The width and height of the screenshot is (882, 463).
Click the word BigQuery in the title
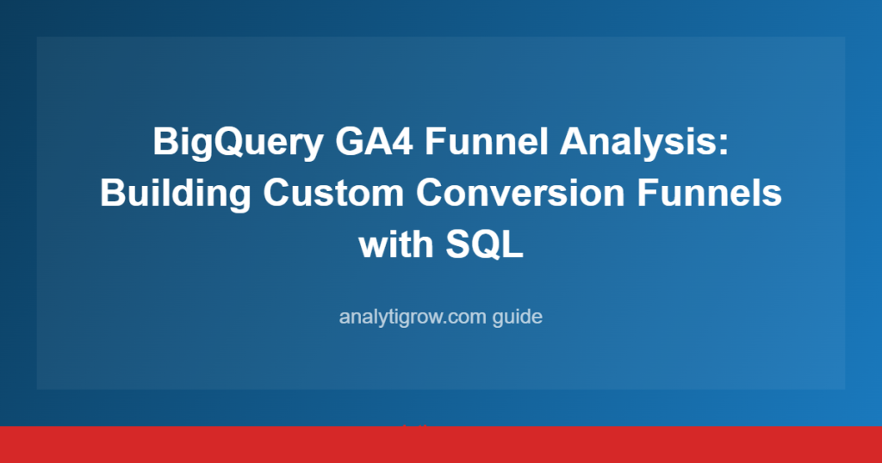pos(238,142)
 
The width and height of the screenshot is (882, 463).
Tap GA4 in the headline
pos(374,141)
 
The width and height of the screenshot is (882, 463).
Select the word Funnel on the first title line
pos(486,141)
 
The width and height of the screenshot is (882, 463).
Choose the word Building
pos(176,194)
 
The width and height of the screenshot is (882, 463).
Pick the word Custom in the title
pos(333,193)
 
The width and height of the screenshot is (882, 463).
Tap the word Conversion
pos(520,193)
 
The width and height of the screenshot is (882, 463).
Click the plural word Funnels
pos(710,193)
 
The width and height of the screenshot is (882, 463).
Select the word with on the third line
pos(396,244)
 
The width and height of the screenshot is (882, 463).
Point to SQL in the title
pos(484,245)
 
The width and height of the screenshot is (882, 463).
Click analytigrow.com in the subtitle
pos(413,317)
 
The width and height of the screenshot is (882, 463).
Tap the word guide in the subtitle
pos(518,317)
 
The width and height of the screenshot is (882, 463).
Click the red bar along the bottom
pos(441,444)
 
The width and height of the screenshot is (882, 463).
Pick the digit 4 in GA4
pos(403,141)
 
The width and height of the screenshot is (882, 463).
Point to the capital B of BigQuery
pos(165,141)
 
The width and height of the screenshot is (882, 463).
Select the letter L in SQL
pos(514,244)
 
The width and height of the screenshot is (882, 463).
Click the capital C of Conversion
pos(430,193)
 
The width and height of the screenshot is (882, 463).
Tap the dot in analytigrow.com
pos(444,323)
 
